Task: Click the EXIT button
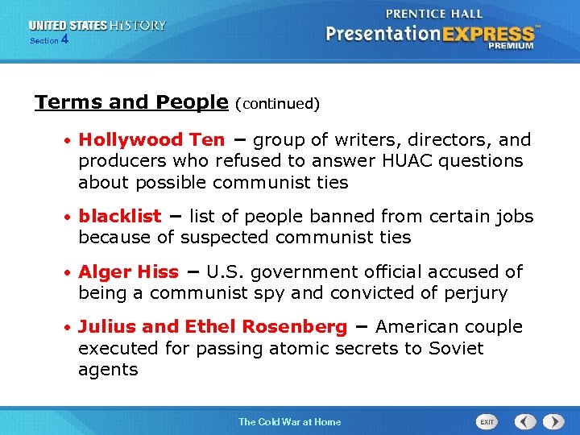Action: coord(487,421)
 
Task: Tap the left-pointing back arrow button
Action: coord(525,421)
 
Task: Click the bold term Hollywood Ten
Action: coord(151,139)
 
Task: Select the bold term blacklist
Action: coord(120,216)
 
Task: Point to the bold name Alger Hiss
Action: coord(129,271)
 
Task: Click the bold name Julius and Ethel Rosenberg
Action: coord(213,327)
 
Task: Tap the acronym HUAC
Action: coord(402,160)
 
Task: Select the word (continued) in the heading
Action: coord(277,104)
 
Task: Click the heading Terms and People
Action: coord(131,102)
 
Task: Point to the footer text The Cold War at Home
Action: coord(289,421)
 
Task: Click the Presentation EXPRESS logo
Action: coord(430,34)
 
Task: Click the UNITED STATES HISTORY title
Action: coord(96,26)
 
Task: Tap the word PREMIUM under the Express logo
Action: coord(510,47)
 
